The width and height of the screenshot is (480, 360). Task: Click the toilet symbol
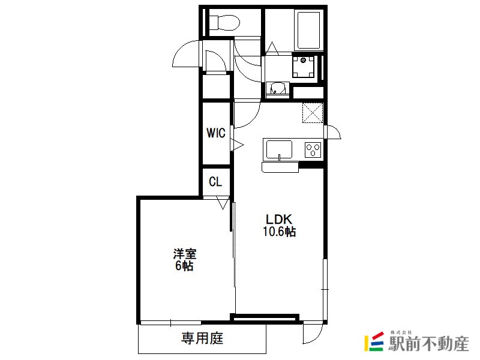(x=224, y=22)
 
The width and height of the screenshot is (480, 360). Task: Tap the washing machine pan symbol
(x=304, y=67)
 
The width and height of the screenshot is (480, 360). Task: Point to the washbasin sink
(x=277, y=89)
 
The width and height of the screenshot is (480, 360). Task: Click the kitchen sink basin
(x=279, y=149)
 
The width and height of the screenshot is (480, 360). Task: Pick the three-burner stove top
(x=313, y=150)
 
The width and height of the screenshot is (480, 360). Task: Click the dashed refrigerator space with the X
(x=313, y=113)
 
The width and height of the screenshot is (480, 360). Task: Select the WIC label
(x=216, y=133)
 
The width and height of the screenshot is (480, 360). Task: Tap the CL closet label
(x=215, y=182)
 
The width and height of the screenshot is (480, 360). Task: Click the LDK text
(x=279, y=219)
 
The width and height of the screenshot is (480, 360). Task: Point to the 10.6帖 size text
(x=279, y=232)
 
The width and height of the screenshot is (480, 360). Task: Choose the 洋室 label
(x=185, y=254)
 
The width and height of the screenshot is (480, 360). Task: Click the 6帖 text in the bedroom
(x=184, y=266)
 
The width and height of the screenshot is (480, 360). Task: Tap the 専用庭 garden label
(x=202, y=338)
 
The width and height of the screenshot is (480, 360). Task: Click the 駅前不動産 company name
(x=429, y=343)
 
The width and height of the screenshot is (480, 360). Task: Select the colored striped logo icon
(x=374, y=341)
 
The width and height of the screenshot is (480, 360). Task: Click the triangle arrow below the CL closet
(x=223, y=203)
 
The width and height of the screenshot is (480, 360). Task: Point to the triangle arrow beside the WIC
(x=237, y=145)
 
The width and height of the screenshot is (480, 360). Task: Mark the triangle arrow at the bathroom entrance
(x=272, y=49)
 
